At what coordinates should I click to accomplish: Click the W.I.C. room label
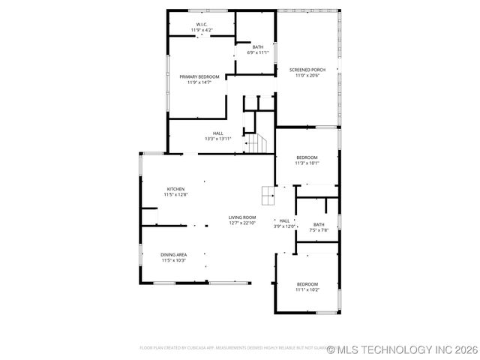(x=202, y=25)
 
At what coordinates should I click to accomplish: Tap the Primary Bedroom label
(x=199, y=76)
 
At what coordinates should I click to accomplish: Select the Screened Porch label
(x=307, y=70)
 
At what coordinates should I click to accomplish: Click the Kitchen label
(x=175, y=189)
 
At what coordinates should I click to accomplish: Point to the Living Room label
(x=242, y=217)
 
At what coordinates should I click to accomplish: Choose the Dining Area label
(x=173, y=255)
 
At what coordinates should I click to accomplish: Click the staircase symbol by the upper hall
(x=257, y=142)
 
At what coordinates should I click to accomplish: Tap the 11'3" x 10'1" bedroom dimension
(x=307, y=163)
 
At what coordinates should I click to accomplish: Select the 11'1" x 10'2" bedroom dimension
(x=307, y=289)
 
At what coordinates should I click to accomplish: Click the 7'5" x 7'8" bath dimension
(x=319, y=230)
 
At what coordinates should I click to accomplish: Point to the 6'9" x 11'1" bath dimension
(x=258, y=52)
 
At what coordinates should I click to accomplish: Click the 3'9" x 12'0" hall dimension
(x=284, y=226)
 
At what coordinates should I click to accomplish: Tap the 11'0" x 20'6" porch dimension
(x=307, y=75)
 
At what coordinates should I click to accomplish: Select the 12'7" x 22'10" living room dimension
(x=242, y=223)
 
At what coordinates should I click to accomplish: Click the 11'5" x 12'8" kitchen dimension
(x=175, y=194)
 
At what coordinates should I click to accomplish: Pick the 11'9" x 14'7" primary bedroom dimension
(x=199, y=82)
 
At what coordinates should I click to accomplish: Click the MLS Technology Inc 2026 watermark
(x=402, y=349)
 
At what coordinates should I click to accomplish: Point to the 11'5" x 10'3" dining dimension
(x=173, y=260)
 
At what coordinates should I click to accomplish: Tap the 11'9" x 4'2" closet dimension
(x=202, y=30)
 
